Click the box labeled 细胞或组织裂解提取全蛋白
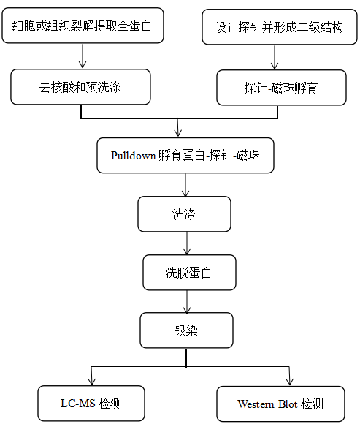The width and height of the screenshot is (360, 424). point(83,26)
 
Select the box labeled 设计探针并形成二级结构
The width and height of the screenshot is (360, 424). point(280,27)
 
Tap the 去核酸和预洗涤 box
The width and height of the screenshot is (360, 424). point(80,87)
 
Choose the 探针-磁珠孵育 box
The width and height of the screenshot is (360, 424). point(281,88)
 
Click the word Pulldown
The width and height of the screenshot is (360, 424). point(134,156)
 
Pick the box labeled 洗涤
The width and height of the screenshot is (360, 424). point(184,214)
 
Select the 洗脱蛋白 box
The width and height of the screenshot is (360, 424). point(189,273)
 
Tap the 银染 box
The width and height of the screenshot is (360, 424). point(186,330)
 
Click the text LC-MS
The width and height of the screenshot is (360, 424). point(78,404)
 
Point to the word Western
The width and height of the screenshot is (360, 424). point(256,404)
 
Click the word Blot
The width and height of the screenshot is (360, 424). point(288,404)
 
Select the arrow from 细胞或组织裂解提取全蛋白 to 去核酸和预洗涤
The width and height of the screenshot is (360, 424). point(83,56)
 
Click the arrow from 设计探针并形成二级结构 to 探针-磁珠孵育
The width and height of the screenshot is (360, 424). point(275,57)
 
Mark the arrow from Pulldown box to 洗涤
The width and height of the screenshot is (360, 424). point(185,185)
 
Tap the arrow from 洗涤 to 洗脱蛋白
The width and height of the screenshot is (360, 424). point(187,243)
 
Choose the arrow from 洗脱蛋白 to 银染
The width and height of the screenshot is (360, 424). point(187,302)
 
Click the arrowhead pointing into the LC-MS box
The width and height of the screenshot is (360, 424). point(92,382)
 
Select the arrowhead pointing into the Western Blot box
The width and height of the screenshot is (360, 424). point(290,382)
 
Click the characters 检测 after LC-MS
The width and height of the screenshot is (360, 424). point(110,404)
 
